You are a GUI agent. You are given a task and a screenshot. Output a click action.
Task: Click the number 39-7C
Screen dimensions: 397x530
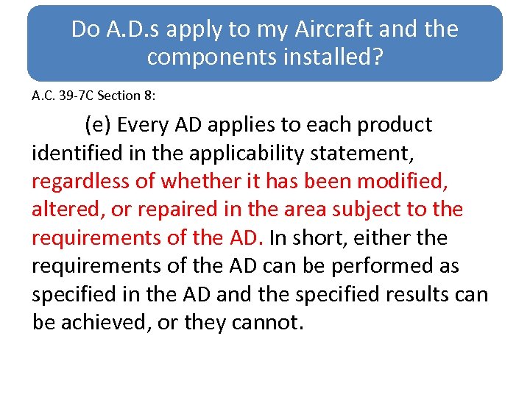[79, 96]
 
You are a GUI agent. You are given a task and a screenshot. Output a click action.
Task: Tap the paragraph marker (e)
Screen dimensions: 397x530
[98, 125]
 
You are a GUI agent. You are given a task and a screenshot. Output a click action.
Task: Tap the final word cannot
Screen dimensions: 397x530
[271, 323]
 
